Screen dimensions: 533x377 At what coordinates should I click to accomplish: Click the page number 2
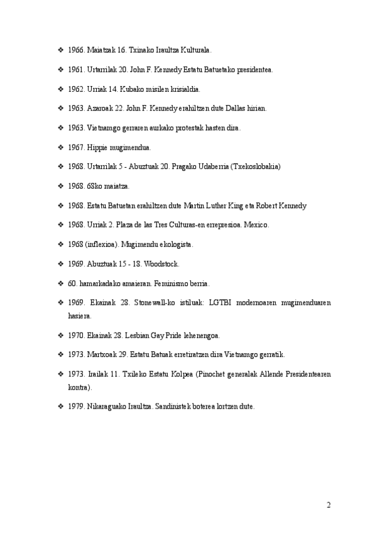pyautogui.click(x=329, y=505)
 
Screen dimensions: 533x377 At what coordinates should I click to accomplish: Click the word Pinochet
pyautogui.click(x=211, y=374)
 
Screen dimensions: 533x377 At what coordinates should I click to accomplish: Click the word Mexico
pyautogui.click(x=256, y=224)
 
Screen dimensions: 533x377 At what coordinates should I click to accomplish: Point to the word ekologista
pyautogui.click(x=174, y=244)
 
